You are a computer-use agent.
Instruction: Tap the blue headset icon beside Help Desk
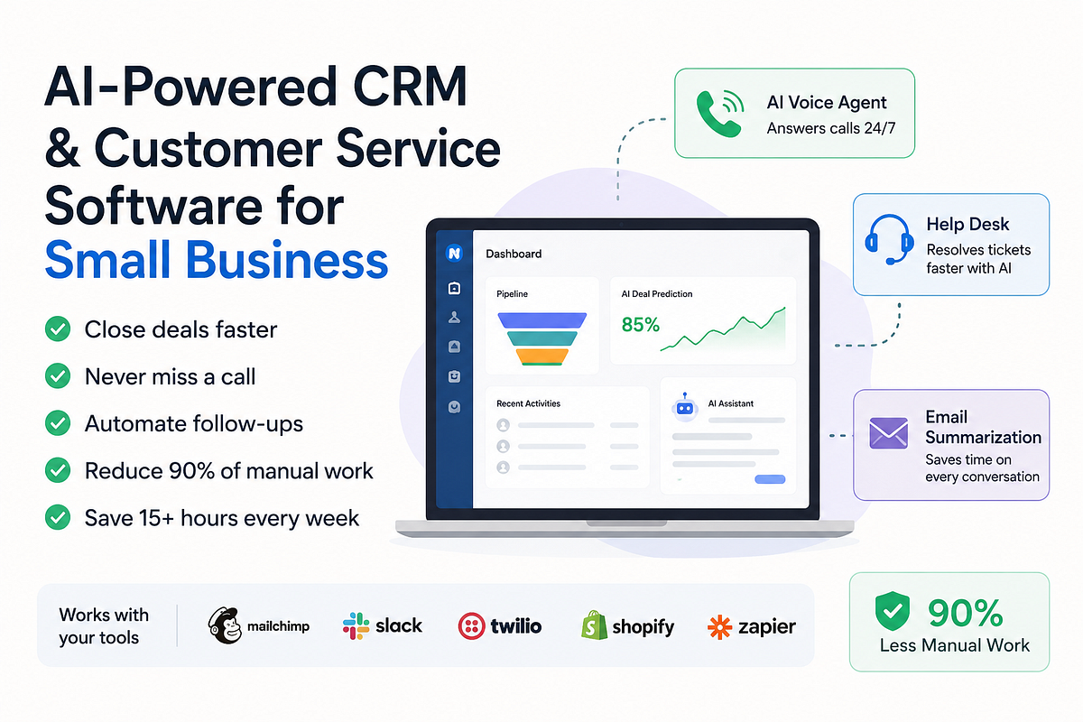[x=889, y=239]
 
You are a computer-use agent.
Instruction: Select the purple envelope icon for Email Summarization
[x=888, y=433]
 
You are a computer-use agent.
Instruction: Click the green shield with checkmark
[x=892, y=611]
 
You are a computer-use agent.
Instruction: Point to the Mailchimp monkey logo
[x=225, y=625]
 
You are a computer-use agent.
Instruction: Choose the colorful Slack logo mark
[x=356, y=625]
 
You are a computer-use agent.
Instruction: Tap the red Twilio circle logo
[x=471, y=626]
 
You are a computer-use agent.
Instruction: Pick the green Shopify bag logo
[x=594, y=625]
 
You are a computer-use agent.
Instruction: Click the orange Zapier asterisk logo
[x=720, y=626]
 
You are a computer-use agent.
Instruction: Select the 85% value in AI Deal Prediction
[x=640, y=325]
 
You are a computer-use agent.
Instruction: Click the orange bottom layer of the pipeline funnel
[x=542, y=356]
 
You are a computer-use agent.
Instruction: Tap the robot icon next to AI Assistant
[x=685, y=407]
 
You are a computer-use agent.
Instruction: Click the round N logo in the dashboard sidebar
[x=454, y=253]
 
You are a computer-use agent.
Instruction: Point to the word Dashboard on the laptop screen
[x=514, y=254]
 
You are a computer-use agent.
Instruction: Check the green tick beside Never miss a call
[x=58, y=375]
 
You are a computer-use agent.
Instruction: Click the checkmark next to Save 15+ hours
[x=58, y=517]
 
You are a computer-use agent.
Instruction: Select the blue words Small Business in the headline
[x=216, y=260]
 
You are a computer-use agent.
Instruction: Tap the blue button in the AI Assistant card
[x=770, y=479]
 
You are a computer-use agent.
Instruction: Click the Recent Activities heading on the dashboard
[x=529, y=403]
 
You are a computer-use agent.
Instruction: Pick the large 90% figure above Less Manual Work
[x=965, y=612]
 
